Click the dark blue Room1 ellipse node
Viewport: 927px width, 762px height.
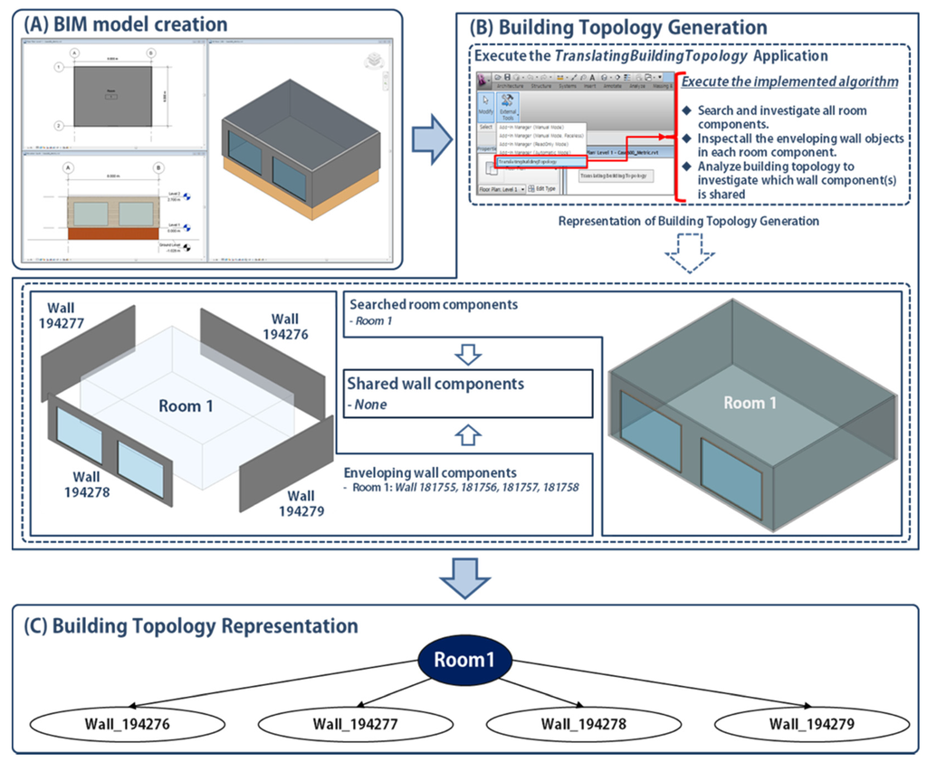(463, 659)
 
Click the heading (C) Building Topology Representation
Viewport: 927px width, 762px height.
(193, 626)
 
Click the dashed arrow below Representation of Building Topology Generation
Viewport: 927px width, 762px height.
(689, 256)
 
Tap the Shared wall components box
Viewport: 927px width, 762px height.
(467, 392)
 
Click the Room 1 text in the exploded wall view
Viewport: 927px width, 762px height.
(186, 405)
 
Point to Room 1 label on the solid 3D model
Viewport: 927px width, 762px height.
(750, 403)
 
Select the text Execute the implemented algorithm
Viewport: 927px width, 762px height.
(789, 81)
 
